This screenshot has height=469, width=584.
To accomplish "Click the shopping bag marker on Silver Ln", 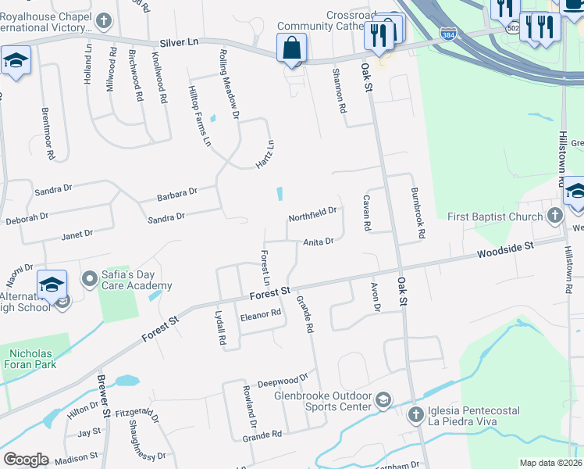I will pos(291,48).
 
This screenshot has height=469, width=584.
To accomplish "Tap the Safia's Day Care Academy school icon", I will pos(90,277).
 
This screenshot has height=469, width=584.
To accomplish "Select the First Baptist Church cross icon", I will pos(555,215).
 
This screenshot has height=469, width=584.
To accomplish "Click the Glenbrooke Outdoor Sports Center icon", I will pos(383,401).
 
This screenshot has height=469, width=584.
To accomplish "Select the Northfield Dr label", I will pos(312,211).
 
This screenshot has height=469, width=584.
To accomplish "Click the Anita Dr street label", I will pos(319,242).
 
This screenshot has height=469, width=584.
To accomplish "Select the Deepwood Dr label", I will pos(283,381).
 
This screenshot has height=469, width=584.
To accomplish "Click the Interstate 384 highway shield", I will pos(446,36).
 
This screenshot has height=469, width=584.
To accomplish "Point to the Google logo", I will pos(26,460).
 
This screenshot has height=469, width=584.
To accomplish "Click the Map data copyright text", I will pos(550,463).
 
